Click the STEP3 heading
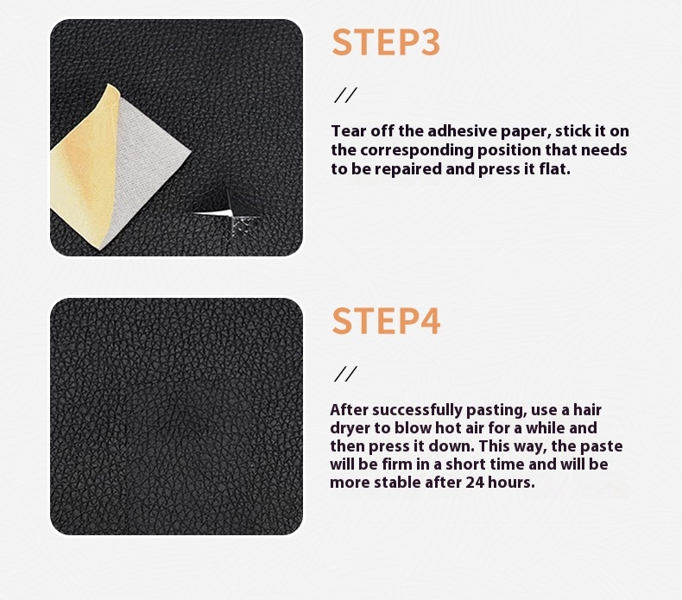click(386, 43)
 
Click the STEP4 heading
click(386, 320)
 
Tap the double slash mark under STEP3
click(345, 95)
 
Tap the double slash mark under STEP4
click(345, 374)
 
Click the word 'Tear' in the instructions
click(347, 131)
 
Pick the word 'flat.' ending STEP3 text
click(554, 169)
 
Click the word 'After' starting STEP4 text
click(349, 409)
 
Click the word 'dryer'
click(350, 428)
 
